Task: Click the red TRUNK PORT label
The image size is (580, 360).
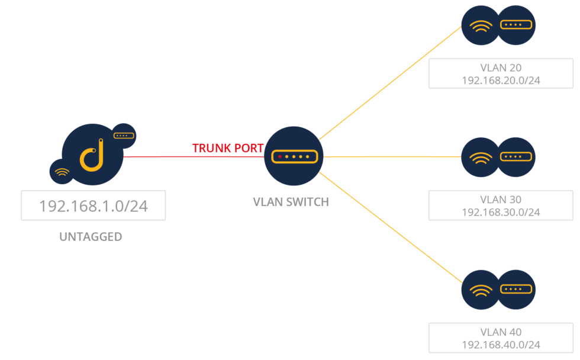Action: coord(227,148)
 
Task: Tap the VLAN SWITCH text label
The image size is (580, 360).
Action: coord(291,202)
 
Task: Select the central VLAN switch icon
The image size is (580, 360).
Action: coord(294,156)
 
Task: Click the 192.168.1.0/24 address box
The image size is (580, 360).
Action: coord(93,206)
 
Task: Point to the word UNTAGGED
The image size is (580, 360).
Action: coord(91,237)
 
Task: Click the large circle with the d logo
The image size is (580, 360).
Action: coord(92,155)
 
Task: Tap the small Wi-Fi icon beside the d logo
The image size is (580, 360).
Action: coord(61,172)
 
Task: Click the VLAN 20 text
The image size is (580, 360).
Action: coord(501,68)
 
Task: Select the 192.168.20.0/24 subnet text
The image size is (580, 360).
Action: coord(501,81)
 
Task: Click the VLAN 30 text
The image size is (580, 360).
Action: coord(501,200)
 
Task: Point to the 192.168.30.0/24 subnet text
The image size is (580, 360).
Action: coord(501,212)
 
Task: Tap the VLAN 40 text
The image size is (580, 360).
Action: coord(501,333)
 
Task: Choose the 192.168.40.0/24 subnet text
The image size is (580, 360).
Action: coord(501,345)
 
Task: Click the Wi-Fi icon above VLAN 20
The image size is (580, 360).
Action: coord(480,25)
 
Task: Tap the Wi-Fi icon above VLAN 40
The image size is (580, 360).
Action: coord(480,290)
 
